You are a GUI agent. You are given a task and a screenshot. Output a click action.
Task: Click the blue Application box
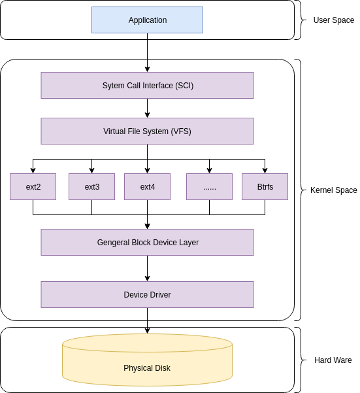(x=147, y=20)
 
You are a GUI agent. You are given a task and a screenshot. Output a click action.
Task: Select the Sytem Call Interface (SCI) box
(x=147, y=86)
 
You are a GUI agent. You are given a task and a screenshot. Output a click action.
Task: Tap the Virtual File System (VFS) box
(x=147, y=131)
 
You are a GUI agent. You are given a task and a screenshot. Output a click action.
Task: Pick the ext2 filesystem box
(x=33, y=187)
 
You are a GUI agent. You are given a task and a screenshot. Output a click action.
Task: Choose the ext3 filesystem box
(x=91, y=187)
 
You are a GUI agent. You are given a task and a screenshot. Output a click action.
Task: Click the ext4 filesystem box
(x=147, y=187)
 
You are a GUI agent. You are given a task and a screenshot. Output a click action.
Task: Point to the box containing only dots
(x=209, y=187)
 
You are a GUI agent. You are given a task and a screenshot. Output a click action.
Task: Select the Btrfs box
(x=265, y=187)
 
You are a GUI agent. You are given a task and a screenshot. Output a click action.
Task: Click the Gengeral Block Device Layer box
(x=147, y=243)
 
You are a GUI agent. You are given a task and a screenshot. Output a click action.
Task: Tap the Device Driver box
(x=147, y=295)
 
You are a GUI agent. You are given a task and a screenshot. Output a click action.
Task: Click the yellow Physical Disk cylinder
(x=147, y=367)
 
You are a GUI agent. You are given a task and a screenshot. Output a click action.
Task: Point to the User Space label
(x=333, y=20)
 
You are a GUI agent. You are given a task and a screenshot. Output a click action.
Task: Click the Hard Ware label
(x=333, y=360)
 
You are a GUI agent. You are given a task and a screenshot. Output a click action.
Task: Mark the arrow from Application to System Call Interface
(x=147, y=52)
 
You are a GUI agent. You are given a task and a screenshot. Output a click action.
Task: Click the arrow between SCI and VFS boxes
(x=147, y=108)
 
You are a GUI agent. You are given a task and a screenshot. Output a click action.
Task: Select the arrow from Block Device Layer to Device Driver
(x=147, y=268)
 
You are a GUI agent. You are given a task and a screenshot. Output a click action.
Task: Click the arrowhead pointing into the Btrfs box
(x=265, y=169)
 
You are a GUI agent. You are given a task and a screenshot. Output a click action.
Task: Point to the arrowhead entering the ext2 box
(x=33, y=169)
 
